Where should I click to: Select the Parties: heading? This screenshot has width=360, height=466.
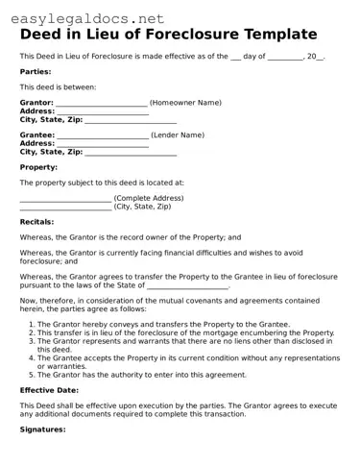coord(36,71)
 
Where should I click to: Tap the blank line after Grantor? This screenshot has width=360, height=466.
coord(101,103)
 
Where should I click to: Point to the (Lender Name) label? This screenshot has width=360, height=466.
coord(178,135)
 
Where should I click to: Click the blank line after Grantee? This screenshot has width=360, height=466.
coord(101,136)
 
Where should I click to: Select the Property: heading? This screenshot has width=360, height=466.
coord(39,166)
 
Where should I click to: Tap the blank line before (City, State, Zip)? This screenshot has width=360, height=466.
coord(65,208)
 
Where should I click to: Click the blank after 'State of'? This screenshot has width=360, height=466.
coord(186,286)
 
